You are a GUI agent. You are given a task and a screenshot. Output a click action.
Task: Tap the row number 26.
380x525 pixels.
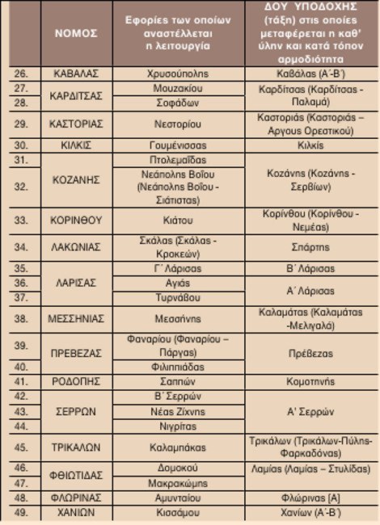pyautogui.click(x=22, y=73)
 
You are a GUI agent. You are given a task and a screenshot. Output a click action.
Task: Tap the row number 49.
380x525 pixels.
pyautogui.click(x=22, y=511)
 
